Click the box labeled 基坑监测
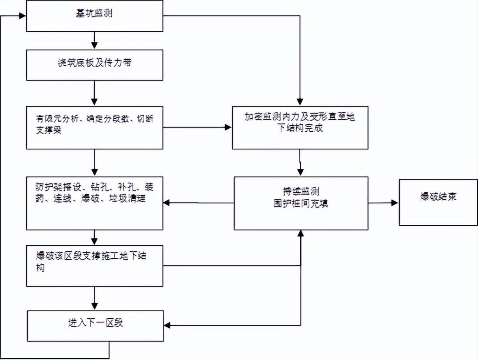[x=94, y=16]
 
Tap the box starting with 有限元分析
[x=94, y=127]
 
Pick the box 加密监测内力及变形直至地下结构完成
[x=300, y=127]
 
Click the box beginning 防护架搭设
[x=94, y=203]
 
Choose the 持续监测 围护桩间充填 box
[x=301, y=203]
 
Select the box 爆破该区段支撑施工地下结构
[x=94, y=266]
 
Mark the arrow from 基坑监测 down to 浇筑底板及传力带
[x=94, y=40]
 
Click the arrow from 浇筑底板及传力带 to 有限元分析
[x=94, y=93]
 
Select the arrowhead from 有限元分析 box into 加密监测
[x=228, y=127]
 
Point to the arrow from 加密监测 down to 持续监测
[x=300, y=163]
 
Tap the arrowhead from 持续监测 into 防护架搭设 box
[x=167, y=203]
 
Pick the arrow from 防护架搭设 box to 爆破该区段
[x=94, y=237]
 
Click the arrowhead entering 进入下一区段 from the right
[x=167, y=326]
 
